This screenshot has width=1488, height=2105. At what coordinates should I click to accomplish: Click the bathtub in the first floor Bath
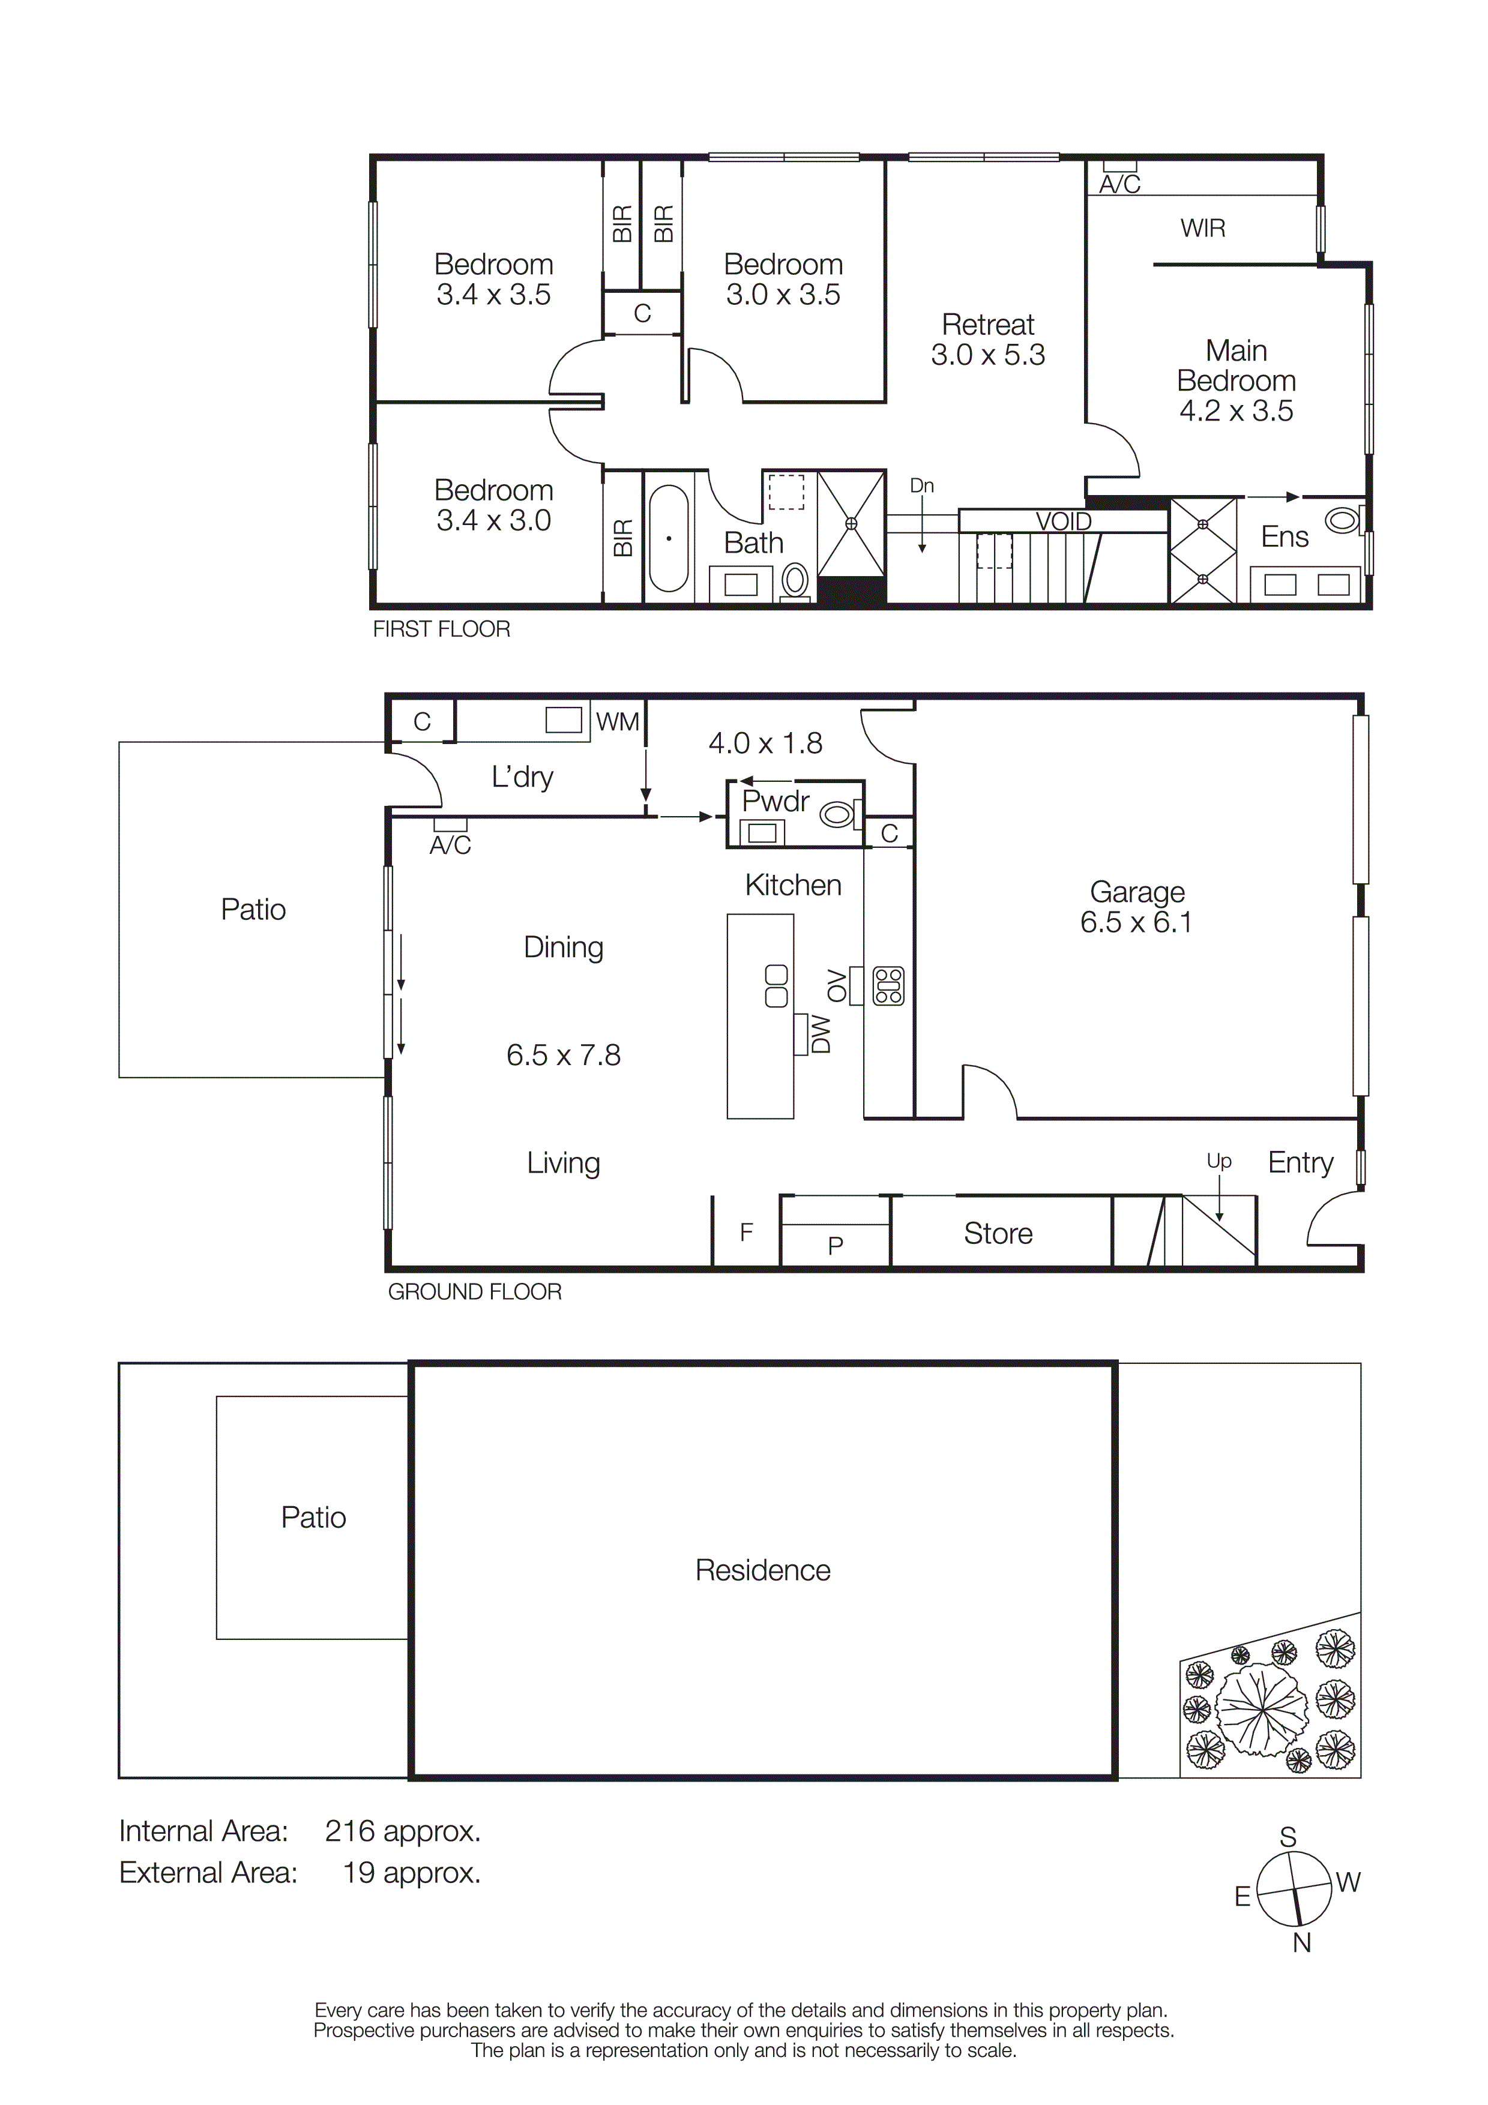click(668, 538)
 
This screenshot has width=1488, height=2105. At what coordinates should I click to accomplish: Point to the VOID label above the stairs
click(1064, 521)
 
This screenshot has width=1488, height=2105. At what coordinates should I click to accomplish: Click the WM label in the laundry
click(617, 721)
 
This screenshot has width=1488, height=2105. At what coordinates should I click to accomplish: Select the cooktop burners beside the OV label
click(888, 985)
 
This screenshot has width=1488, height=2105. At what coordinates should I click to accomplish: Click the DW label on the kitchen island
click(821, 1034)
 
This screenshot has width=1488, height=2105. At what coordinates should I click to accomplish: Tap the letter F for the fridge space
click(746, 1232)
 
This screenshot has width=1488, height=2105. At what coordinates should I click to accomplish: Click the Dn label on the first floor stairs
click(921, 486)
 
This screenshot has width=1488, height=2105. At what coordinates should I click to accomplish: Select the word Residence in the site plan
click(763, 1570)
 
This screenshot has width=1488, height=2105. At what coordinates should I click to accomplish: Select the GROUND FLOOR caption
click(474, 1292)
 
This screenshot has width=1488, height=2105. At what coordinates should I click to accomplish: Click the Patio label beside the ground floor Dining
click(253, 910)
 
